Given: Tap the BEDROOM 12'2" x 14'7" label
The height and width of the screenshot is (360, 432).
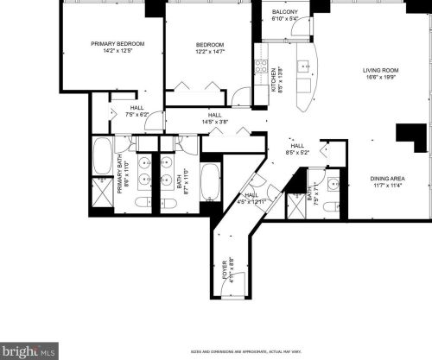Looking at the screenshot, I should (210, 45).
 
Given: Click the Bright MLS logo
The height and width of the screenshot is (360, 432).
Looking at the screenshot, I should (29, 351).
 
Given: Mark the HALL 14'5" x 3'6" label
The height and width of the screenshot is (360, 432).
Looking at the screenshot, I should (214, 118).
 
